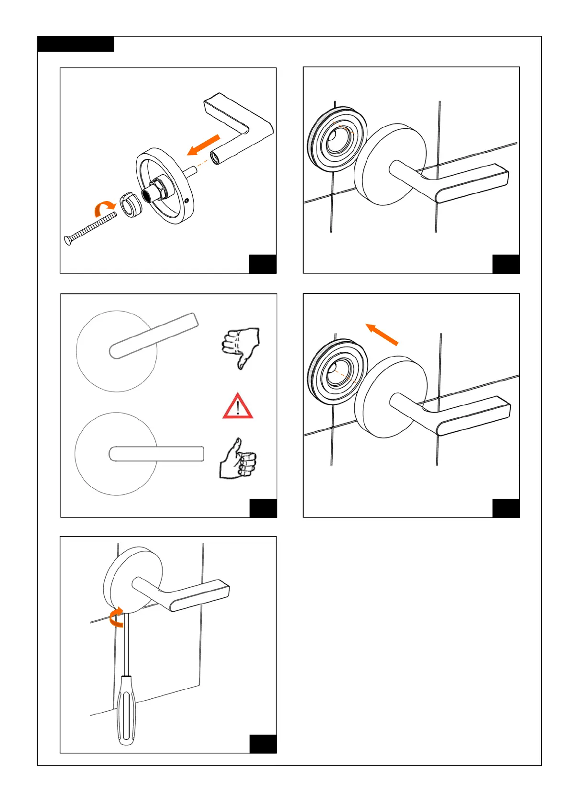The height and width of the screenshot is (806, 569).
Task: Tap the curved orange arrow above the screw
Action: click(x=104, y=208)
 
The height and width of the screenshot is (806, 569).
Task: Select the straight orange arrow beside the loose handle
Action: click(x=203, y=145)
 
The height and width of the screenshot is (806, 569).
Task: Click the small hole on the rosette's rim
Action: click(x=187, y=201)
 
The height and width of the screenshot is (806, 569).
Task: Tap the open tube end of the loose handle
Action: click(x=216, y=157)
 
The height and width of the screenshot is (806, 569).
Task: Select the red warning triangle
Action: click(x=238, y=407)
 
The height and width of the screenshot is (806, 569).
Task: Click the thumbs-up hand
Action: click(x=238, y=460)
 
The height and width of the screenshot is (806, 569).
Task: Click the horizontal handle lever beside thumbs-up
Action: click(x=156, y=454)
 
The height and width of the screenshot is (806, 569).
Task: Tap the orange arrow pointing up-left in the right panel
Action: click(x=382, y=334)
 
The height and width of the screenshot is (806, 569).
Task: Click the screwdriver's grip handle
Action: click(x=126, y=709)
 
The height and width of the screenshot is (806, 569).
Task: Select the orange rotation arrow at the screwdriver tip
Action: click(x=115, y=617)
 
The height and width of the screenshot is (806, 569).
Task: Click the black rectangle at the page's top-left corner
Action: click(x=76, y=44)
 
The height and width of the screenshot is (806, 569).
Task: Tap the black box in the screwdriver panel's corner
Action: click(x=263, y=743)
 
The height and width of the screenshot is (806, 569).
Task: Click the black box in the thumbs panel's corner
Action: click(x=263, y=508)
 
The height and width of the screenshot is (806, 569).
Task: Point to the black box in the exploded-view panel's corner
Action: click(x=263, y=264)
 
